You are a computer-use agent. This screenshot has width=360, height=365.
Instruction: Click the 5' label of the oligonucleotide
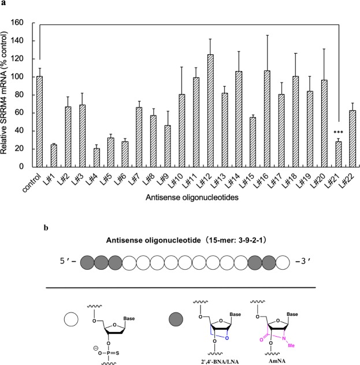[x=68, y=260]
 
